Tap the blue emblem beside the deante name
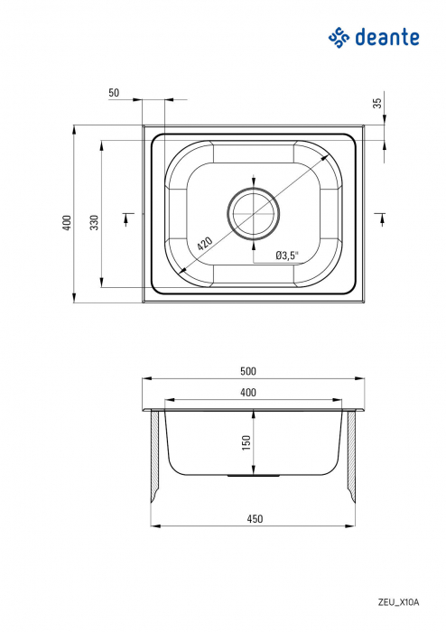coord(338,37)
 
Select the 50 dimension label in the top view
coord(114,93)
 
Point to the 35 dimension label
coord(377,102)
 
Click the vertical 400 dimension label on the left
coord(66,223)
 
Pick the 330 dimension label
coord(93,223)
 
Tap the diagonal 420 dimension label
coord(205,243)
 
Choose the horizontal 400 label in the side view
coord(249,392)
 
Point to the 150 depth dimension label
coord(246,442)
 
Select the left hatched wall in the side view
coord(156,456)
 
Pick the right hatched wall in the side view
coord(349,456)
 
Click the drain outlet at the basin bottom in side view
coord(254,474)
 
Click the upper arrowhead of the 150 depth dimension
coord(254,415)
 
